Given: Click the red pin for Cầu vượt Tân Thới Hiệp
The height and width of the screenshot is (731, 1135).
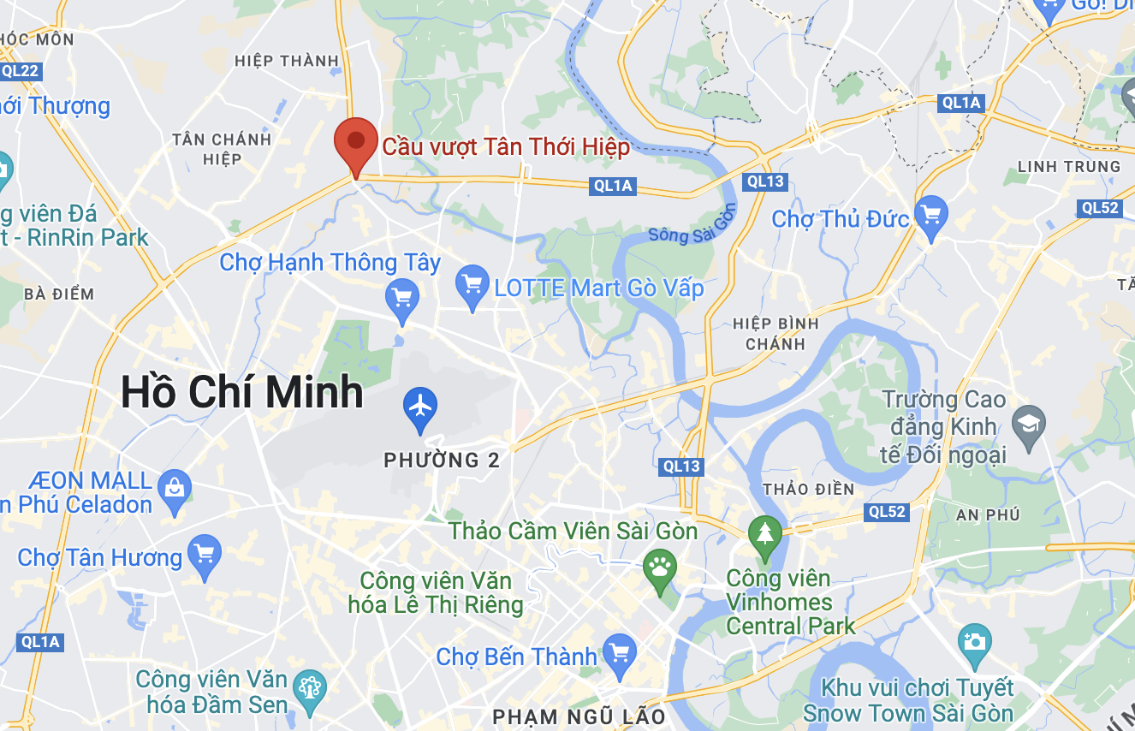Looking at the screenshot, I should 355,143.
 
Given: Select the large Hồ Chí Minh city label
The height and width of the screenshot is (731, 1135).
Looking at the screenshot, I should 242,392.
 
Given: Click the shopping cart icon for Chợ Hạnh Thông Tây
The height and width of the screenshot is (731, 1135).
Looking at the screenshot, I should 402,298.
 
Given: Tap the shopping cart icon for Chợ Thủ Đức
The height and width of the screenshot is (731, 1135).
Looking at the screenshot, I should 930,213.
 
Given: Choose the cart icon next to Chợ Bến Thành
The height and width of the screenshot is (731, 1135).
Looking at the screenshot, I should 619,652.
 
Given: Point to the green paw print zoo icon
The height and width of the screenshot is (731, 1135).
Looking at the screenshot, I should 659,567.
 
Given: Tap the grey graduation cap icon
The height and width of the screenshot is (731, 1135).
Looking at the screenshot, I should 1028,423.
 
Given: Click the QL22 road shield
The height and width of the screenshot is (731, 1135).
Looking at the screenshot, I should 21,70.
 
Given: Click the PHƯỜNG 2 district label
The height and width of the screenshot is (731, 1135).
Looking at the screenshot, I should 442,461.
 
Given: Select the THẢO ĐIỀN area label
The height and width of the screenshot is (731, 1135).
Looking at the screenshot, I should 808,489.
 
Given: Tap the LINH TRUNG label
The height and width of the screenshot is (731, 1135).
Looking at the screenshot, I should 1068,166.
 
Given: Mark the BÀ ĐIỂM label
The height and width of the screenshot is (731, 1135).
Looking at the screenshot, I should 59,294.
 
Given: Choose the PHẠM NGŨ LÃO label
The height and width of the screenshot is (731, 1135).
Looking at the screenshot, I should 579,716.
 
